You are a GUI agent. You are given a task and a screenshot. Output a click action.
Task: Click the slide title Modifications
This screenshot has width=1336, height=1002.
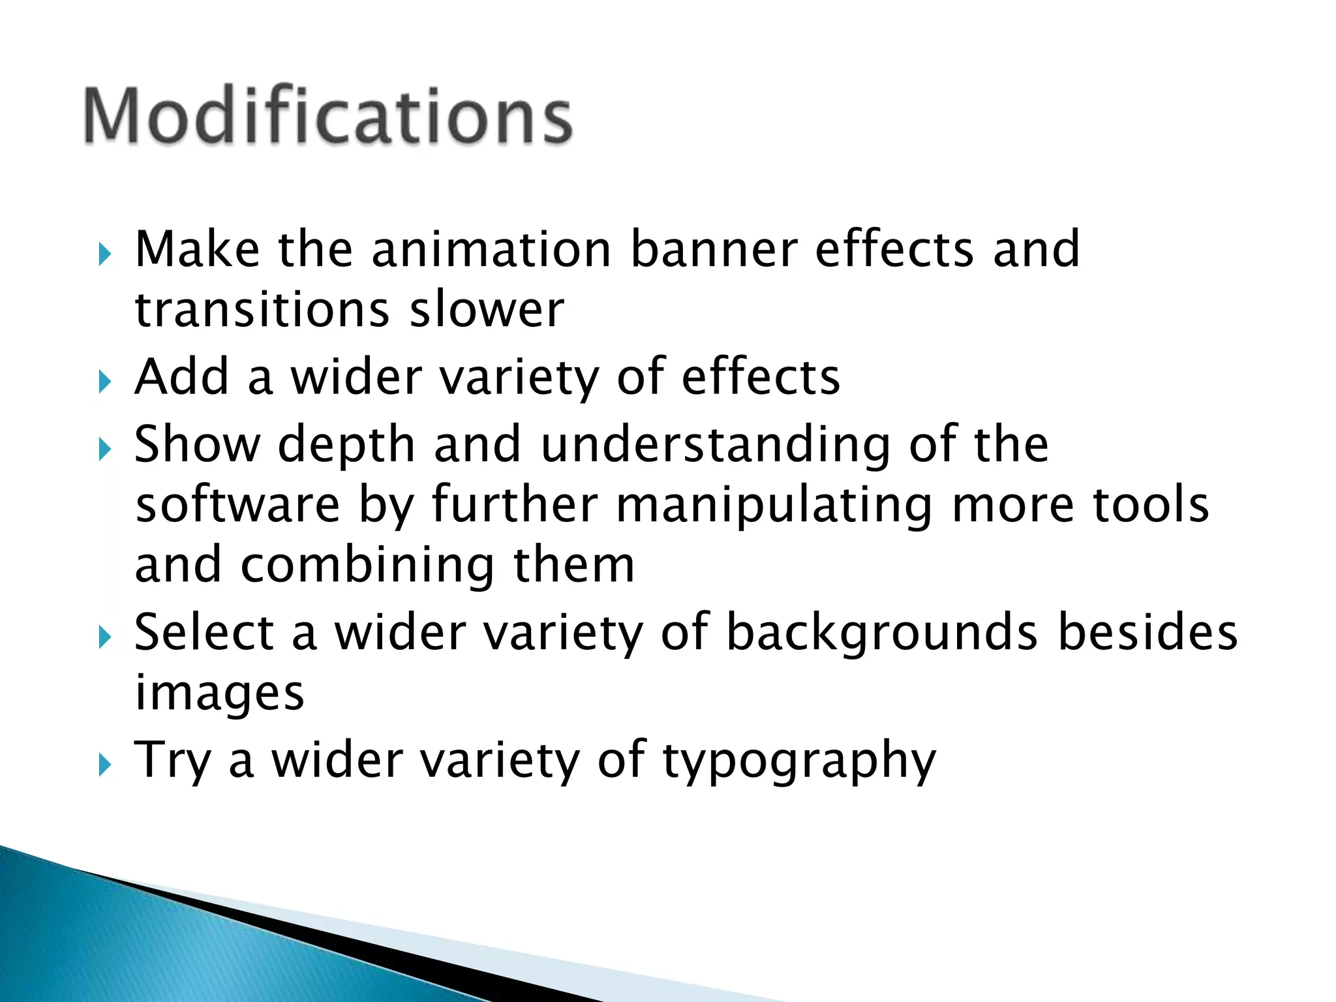click(328, 115)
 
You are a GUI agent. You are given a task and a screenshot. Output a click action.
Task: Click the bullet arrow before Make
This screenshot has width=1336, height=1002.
click(105, 254)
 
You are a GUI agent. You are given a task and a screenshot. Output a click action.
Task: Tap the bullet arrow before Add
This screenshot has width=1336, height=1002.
click(105, 382)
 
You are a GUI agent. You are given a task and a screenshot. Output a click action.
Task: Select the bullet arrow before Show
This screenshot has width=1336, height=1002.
click(105, 449)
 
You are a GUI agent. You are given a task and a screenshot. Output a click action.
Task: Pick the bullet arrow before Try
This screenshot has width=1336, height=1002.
click(105, 765)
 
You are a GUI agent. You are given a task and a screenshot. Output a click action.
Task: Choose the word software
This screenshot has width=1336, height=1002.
click(237, 505)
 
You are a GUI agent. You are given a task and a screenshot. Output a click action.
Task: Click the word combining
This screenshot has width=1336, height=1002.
click(367, 566)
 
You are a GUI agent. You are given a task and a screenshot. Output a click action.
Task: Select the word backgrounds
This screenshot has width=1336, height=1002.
click(881, 633)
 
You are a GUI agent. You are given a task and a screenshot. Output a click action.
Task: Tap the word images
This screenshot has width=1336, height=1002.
click(219, 693)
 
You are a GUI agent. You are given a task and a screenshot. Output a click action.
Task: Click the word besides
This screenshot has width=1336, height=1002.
click(1147, 631)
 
